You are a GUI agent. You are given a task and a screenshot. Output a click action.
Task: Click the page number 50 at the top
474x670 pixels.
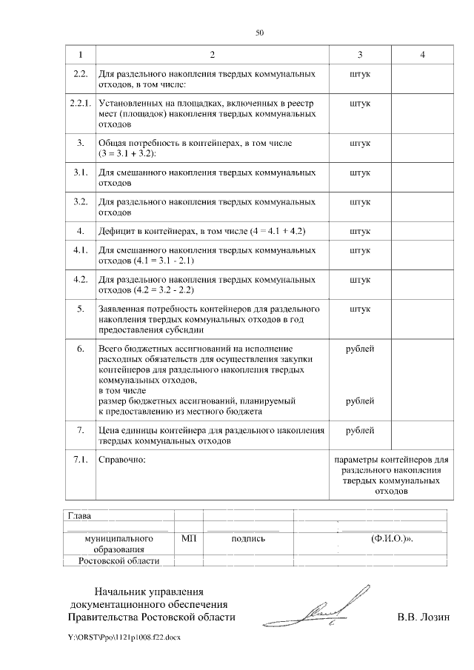tap(259, 33)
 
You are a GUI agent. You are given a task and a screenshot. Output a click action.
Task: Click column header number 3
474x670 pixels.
tap(359, 56)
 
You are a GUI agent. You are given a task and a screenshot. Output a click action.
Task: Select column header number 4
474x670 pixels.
tap(421, 56)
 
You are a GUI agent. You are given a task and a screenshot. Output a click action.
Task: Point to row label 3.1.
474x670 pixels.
tap(79, 172)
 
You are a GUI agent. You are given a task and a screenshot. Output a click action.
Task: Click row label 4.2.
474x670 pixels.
tap(79, 280)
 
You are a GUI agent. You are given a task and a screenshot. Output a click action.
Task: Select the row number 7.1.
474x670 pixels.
tap(79, 460)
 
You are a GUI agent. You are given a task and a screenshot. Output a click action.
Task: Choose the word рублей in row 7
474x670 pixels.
tap(359, 430)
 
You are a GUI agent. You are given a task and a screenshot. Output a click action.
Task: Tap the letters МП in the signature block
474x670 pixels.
tap(188, 539)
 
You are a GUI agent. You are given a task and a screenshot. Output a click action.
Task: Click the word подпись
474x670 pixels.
tap(248, 539)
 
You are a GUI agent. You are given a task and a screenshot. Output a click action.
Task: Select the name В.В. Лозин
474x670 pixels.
tap(423, 617)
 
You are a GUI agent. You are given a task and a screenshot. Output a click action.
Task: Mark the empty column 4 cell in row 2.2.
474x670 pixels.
tap(421, 79)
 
